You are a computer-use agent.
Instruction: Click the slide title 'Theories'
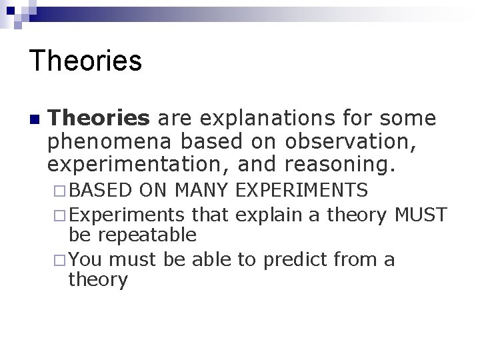86,61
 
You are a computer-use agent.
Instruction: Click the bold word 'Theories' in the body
99,119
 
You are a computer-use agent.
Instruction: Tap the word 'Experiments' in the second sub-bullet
126,215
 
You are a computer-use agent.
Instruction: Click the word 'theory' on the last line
97,281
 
